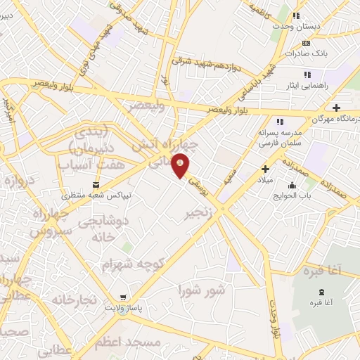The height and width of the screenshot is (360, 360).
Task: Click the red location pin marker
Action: [181, 165]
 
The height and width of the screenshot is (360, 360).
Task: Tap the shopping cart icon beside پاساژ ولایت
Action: [124, 297]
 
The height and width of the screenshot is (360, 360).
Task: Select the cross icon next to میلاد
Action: [265, 169]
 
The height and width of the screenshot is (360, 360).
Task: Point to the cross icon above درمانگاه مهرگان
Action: [337, 108]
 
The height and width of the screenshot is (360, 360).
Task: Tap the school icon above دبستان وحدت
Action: [297, 15]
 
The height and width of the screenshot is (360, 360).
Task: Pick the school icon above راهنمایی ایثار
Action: [307, 74]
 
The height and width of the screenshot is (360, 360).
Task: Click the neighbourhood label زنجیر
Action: [198, 212]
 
